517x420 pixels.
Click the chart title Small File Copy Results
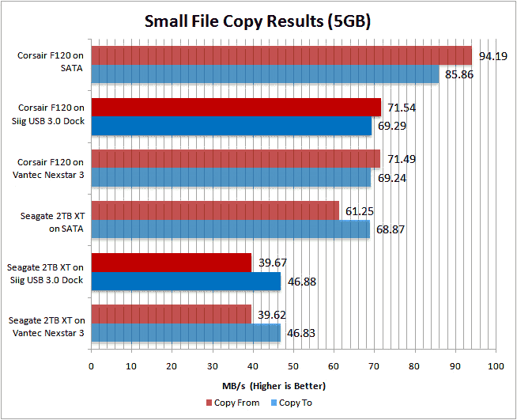coord(258,21)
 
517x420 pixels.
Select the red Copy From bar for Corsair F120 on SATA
coord(281,55)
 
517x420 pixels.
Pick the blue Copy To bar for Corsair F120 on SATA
coord(265,74)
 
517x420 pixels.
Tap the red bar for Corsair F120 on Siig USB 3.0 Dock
coord(236,108)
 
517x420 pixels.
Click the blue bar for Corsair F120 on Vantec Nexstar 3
coord(231,178)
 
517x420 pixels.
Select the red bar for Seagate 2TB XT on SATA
coord(215,210)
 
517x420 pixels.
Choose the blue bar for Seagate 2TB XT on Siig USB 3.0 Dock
coord(186,281)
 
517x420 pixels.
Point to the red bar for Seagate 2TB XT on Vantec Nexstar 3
coord(172,314)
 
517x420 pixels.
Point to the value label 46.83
coord(300,334)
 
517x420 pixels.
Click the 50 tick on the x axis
coord(293,366)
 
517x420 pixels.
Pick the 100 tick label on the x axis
coord(496,366)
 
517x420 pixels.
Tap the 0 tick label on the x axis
coord(92,366)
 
